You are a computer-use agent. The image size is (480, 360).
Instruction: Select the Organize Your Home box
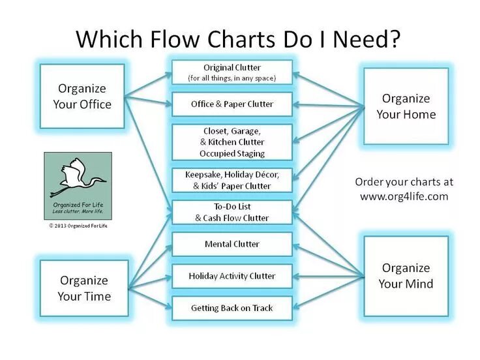coord(406,106)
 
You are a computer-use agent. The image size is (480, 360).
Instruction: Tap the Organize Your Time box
coord(84,288)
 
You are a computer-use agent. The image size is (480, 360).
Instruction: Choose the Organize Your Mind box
coord(406,276)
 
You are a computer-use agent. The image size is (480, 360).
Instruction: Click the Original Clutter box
coord(232,72)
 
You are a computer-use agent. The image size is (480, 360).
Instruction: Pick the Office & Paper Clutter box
coord(232,104)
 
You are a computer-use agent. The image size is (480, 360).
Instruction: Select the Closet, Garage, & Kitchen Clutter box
coord(232,142)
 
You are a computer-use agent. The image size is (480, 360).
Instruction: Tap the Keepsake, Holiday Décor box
coord(232,180)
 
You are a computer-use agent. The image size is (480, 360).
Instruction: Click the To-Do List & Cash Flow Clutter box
coord(232,212)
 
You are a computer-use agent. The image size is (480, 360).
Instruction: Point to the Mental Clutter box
coord(232,244)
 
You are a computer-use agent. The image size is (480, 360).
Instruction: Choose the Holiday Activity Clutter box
coord(232,276)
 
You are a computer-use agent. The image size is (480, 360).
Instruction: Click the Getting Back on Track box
coord(232,307)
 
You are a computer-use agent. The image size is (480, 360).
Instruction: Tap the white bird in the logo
coord(78,177)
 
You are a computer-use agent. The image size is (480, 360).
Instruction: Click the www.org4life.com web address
coord(404,196)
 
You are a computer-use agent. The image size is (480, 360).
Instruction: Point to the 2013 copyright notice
coord(78,226)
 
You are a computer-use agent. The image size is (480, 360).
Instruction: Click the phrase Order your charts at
coord(404,182)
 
